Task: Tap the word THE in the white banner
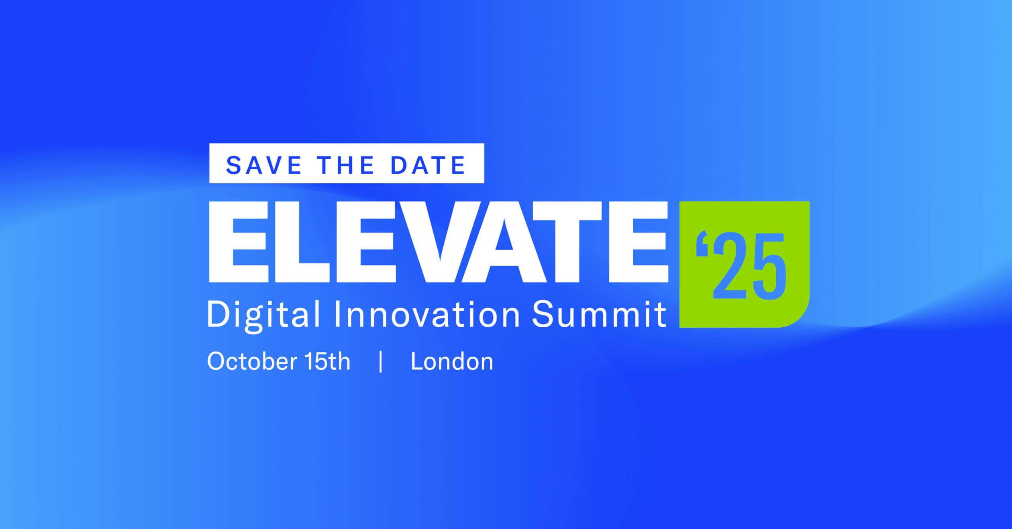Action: (346, 165)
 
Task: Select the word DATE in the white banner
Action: (428, 165)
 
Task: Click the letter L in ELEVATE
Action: (302, 242)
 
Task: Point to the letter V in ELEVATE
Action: (441, 242)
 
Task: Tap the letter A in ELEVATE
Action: (504, 242)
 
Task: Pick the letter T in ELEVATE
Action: (567, 242)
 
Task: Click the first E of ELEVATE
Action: (239, 242)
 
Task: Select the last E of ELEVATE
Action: (639, 242)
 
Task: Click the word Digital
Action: (263, 315)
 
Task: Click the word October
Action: (252, 361)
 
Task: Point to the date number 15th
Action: (327, 361)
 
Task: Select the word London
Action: (452, 361)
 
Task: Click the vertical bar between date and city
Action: (381, 362)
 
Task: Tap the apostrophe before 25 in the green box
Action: (702, 243)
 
